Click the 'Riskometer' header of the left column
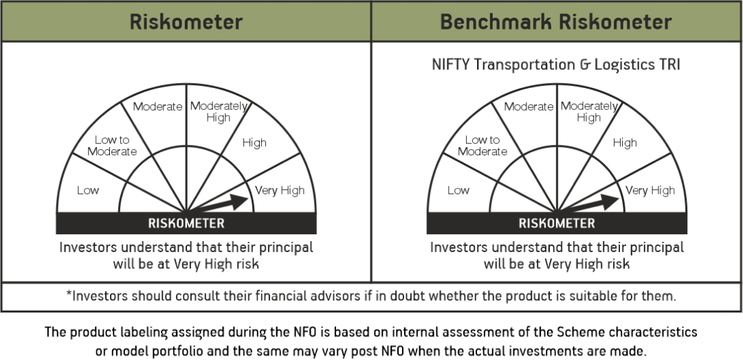click(x=186, y=22)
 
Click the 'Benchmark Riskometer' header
click(x=556, y=22)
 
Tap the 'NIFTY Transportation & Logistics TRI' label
click(x=556, y=65)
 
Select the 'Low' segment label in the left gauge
click(x=88, y=190)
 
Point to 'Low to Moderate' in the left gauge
click(x=112, y=146)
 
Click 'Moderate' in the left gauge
click(x=157, y=106)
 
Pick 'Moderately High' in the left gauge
click(x=219, y=112)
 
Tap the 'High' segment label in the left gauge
click(x=254, y=143)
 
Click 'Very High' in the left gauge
click(x=280, y=190)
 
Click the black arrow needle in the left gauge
click(x=218, y=203)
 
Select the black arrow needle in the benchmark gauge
click(x=588, y=203)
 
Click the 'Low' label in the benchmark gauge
click(x=458, y=190)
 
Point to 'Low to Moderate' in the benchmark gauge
click(x=483, y=146)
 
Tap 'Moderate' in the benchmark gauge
click(x=529, y=106)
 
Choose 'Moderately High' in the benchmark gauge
click(x=589, y=112)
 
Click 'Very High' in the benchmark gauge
click(x=650, y=190)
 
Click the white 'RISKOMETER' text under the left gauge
click(x=186, y=223)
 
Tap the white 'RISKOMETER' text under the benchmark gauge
click(x=557, y=223)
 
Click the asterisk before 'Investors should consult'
click(x=69, y=293)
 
